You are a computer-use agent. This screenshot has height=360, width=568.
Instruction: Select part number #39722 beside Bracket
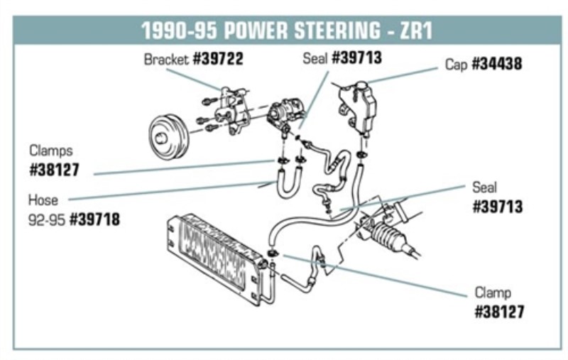(217, 60)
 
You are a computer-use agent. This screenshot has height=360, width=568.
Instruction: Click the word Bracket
(166, 60)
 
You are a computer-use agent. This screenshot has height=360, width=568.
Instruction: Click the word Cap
(456, 64)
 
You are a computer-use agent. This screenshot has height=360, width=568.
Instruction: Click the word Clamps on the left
(51, 151)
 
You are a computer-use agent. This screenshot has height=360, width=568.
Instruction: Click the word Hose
(43, 200)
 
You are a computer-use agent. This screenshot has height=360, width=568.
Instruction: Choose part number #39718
(94, 219)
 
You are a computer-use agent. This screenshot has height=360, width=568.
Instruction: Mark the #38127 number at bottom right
(499, 312)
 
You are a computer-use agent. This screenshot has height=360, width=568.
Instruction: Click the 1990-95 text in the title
(180, 31)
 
